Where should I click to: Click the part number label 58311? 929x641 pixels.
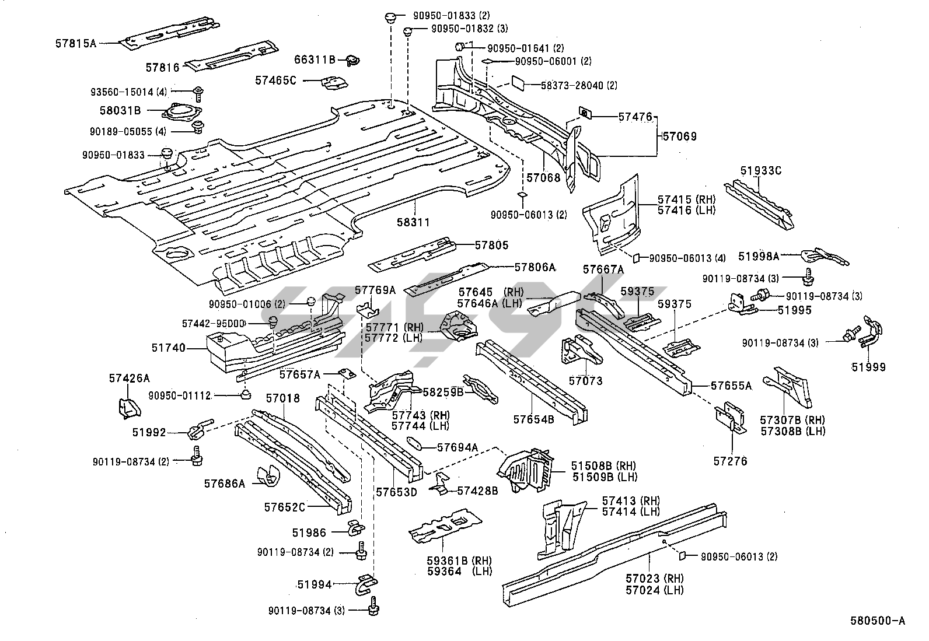point(413,222)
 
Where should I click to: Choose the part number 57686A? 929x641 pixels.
point(225,483)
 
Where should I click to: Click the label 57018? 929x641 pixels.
point(282,398)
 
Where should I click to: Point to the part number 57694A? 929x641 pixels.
point(457,447)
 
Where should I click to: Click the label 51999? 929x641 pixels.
point(868,367)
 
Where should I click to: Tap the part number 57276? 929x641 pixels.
point(730,461)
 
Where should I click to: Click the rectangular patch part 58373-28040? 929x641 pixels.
point(519,82)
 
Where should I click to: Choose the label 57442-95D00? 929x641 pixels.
point(222,324)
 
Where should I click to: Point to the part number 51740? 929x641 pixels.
point(169,348)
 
